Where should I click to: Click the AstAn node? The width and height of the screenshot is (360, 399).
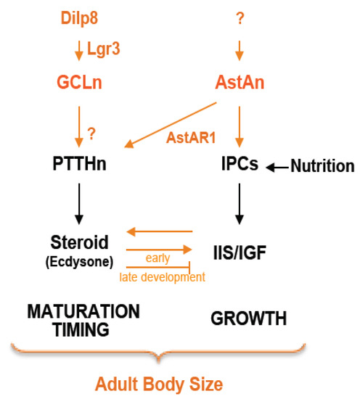point(240,83)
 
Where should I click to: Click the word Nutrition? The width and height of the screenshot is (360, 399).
point(322,167)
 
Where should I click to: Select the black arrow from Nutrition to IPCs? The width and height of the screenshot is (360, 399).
point(276,167)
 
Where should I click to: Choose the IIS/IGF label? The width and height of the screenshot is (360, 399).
point(240,251)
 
